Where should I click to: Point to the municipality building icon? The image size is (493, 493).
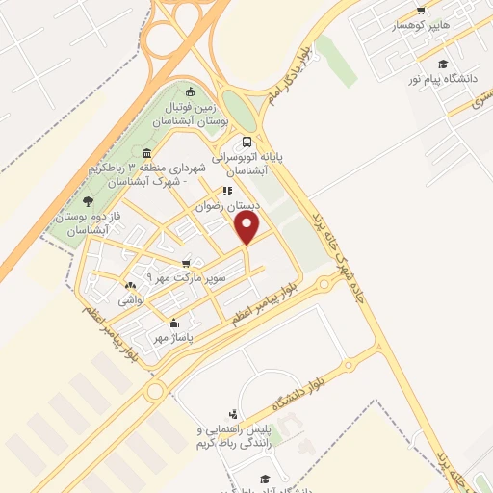tap(145, 153)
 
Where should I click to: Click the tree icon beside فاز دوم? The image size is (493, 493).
tap(88, 201)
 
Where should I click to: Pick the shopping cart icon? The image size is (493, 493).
tap(186, 263)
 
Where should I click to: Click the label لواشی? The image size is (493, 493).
tap(129, 300)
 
